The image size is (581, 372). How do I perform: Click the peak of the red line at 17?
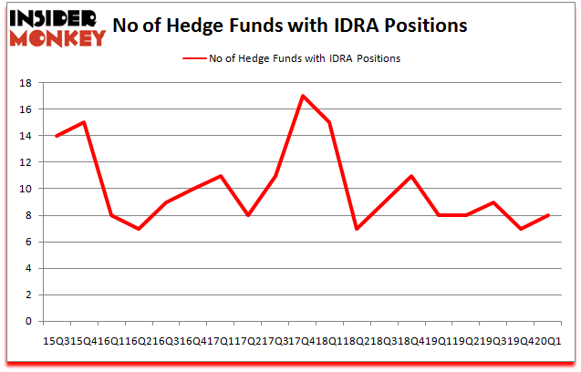click(x=300, y=96)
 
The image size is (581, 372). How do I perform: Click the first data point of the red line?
click(x=56, y=136)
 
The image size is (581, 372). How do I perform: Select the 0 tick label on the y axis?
click(x=28, y=322)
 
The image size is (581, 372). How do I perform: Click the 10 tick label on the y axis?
click(x=25, y=189)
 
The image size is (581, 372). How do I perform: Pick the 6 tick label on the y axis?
click(x=28, y=243)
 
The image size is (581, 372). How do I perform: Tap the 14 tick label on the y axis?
click(x=25, y=136)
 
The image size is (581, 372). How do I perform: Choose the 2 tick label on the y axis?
click(x=28, y=295)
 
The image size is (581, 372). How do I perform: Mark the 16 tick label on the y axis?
click(x=25, y=109)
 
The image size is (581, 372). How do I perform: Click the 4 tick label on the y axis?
click(x=28, y=269)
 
